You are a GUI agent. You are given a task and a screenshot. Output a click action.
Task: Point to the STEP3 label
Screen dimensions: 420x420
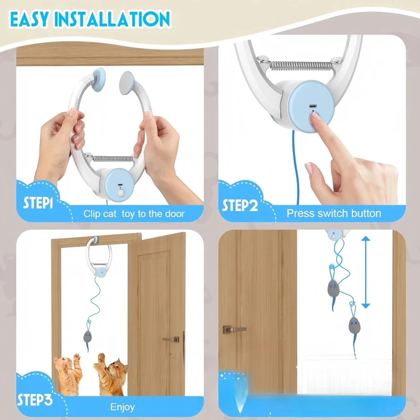click(34, 401)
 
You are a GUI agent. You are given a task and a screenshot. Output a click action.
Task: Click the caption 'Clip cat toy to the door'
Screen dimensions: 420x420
click(134, 214)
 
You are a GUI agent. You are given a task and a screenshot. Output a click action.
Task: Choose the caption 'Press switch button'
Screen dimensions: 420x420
click(333, 214)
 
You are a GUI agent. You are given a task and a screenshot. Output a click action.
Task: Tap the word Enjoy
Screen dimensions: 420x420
click(122, 407)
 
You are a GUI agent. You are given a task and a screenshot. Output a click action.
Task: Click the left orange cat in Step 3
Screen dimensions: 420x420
click(67, 374)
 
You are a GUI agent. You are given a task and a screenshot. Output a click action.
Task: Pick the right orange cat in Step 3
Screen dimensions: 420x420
click(111, 374)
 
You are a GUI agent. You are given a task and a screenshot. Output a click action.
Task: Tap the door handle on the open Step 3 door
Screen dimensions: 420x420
click(172, 339)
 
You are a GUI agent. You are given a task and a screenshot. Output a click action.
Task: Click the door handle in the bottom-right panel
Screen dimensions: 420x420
click(234, 329)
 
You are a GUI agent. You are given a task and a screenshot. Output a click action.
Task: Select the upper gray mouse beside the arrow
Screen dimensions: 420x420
click(333, 288)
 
